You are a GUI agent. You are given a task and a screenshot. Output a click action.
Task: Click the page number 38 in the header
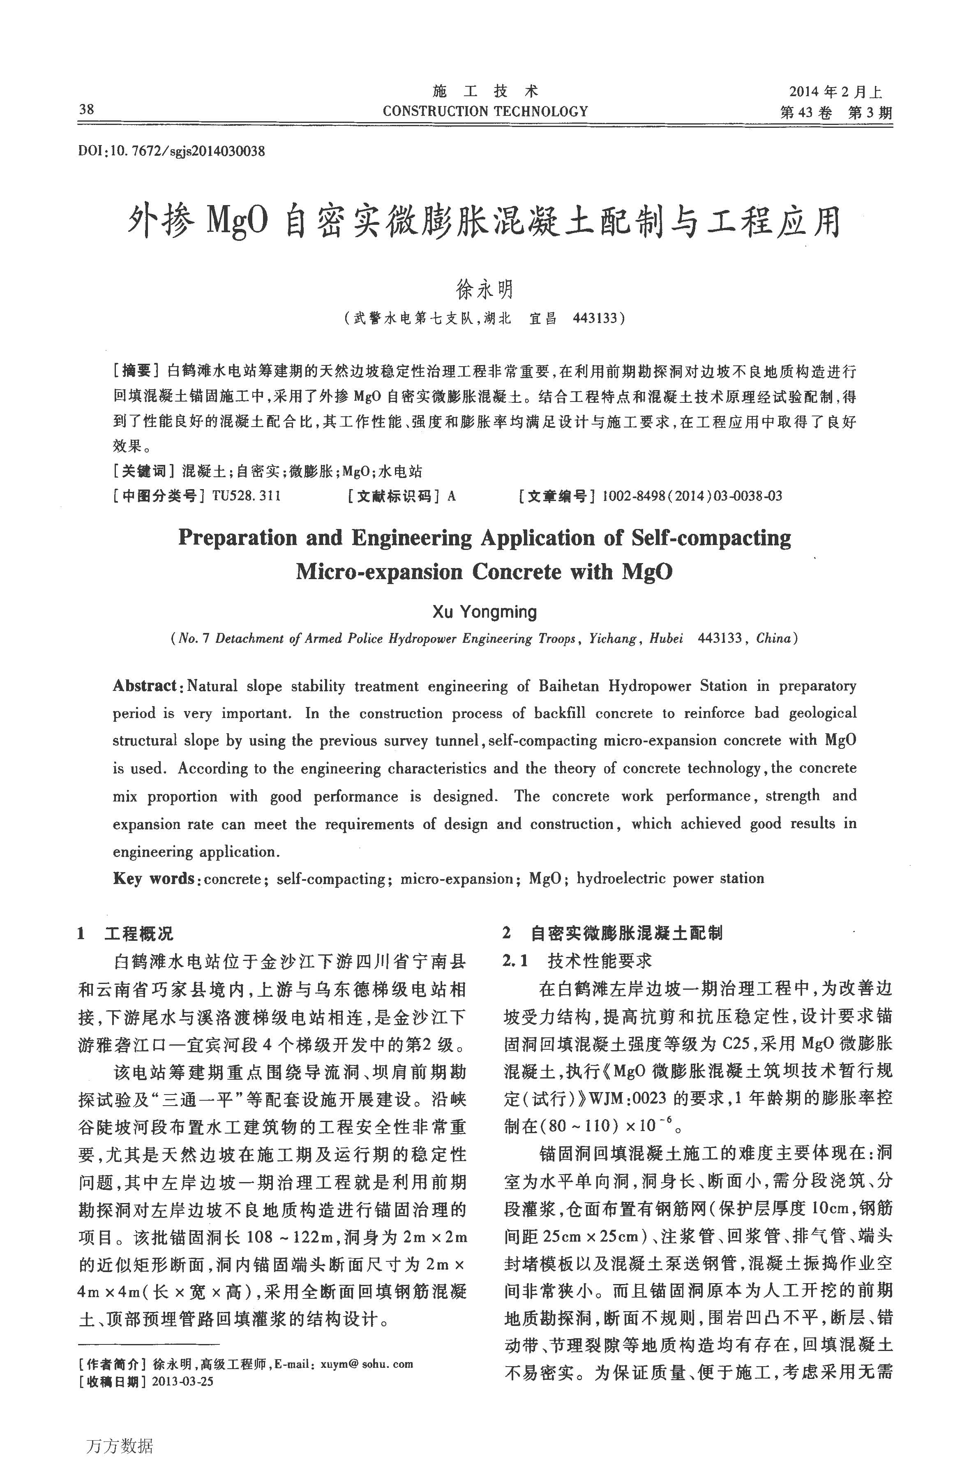point(87,110)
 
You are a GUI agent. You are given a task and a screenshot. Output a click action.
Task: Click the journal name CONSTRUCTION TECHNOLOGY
point(485,111)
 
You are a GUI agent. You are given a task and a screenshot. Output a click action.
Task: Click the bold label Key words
point(153,878)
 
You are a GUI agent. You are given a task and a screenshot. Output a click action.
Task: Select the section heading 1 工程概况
point(126,934)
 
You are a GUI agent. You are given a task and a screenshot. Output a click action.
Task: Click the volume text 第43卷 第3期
point(835,113)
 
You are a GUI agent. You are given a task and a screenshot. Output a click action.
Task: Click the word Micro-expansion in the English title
point(379,572)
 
